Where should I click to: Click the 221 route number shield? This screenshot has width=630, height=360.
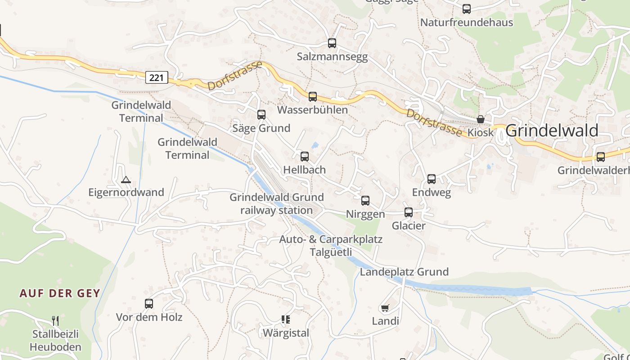(157, 77)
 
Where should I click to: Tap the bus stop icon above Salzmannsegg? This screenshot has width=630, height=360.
(332, 43)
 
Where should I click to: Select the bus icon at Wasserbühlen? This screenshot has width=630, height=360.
(313, 96)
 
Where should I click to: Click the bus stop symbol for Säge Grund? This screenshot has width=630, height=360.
(261, 115)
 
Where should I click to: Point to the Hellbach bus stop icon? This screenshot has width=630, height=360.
(305, 157)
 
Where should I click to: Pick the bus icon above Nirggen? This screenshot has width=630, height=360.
(365, 201)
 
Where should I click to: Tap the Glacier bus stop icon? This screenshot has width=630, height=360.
(409, 212)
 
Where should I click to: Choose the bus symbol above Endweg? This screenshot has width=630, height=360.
(432, 179)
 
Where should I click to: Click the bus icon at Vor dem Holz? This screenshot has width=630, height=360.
(149, 304)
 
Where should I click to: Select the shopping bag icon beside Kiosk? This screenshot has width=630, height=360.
(481, 119)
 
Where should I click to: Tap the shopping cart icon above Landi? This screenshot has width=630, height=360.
(385, 308)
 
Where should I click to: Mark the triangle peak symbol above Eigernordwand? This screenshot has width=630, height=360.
(126, 180)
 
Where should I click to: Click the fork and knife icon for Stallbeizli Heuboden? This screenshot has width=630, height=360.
(55, 320)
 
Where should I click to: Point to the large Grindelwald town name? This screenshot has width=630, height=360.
(552, 130)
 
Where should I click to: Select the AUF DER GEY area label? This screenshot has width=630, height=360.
(59, 293)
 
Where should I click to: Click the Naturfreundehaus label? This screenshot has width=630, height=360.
(467, 22)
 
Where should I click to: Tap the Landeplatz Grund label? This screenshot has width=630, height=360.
(404, 272)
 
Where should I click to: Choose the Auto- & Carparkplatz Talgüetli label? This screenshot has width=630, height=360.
(331, 245)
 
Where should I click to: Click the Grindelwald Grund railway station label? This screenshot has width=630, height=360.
(277, 203)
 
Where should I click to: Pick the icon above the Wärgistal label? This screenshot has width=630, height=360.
(286, 319)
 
